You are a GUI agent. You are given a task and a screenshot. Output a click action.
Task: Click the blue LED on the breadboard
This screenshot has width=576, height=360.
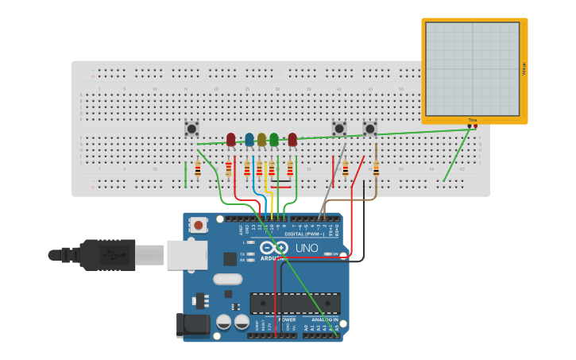point(249,140)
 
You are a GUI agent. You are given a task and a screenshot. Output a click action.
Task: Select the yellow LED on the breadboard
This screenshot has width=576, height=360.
point(261,140)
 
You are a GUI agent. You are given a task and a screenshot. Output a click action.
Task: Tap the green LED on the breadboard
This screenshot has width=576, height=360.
point(274,140)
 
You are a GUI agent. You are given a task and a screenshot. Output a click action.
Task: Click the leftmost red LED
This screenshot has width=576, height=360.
point(231,140)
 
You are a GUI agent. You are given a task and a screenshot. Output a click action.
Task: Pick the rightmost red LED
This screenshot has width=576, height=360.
point(292,140)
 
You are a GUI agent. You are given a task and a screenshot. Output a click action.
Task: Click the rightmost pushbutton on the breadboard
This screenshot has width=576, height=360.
point(369,128)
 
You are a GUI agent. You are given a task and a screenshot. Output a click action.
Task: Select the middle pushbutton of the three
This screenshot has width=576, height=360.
point(339,128)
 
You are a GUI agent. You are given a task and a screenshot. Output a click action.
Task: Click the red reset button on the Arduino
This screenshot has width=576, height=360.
point(198,226)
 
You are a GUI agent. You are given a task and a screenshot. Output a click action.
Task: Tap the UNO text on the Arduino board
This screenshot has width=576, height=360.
point(307,248)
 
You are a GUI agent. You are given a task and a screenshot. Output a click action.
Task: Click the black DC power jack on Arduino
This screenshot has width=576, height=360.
point(193,324)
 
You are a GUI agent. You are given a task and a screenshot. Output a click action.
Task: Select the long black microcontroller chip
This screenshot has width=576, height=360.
point(295,303)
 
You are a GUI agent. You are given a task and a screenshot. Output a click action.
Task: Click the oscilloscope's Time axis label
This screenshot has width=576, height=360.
point(473,120)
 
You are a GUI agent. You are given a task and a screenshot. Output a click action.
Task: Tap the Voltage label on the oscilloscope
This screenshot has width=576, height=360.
point(524,69)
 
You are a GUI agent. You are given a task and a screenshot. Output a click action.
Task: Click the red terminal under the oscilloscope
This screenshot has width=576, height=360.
point(470,126)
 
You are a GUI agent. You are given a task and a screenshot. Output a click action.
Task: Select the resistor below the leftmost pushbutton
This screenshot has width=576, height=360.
point(198,168)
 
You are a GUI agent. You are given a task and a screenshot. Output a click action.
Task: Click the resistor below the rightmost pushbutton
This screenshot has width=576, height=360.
point(376,168)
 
